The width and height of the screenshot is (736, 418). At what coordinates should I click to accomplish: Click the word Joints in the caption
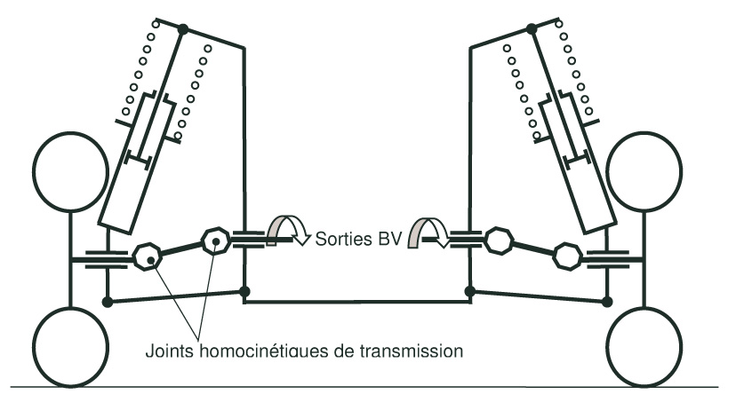(166, 351)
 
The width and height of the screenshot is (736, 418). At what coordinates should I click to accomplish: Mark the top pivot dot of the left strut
(183, 29)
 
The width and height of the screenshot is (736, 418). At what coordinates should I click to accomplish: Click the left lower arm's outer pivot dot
(108, 302)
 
